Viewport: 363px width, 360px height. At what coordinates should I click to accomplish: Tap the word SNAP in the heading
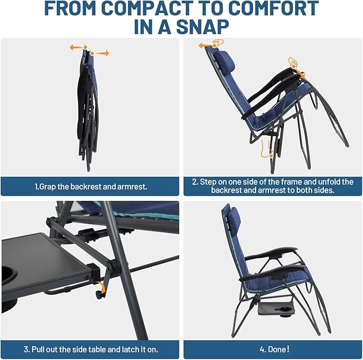(x=202, y=27)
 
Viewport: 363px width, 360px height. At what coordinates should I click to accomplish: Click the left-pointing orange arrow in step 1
(x=75, y=48)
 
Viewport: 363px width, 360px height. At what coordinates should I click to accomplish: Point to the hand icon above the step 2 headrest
(x=217, y=43)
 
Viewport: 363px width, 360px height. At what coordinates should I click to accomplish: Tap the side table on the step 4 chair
(x=277, y=310)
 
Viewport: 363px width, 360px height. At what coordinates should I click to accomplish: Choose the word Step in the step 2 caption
(x=210, y=182)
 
